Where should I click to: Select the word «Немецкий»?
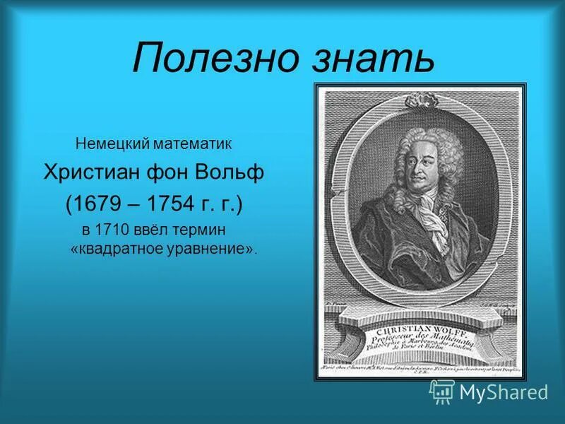[x=110, y=144]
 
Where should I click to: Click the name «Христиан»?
[x=96, y=174]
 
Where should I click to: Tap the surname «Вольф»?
[x=234, y=174]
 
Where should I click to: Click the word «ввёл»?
[x=163, y=231]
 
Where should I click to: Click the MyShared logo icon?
[x=441, y=391]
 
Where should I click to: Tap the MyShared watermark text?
[x=504, y=392]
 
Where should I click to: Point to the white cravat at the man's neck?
[x=428, y=212]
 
